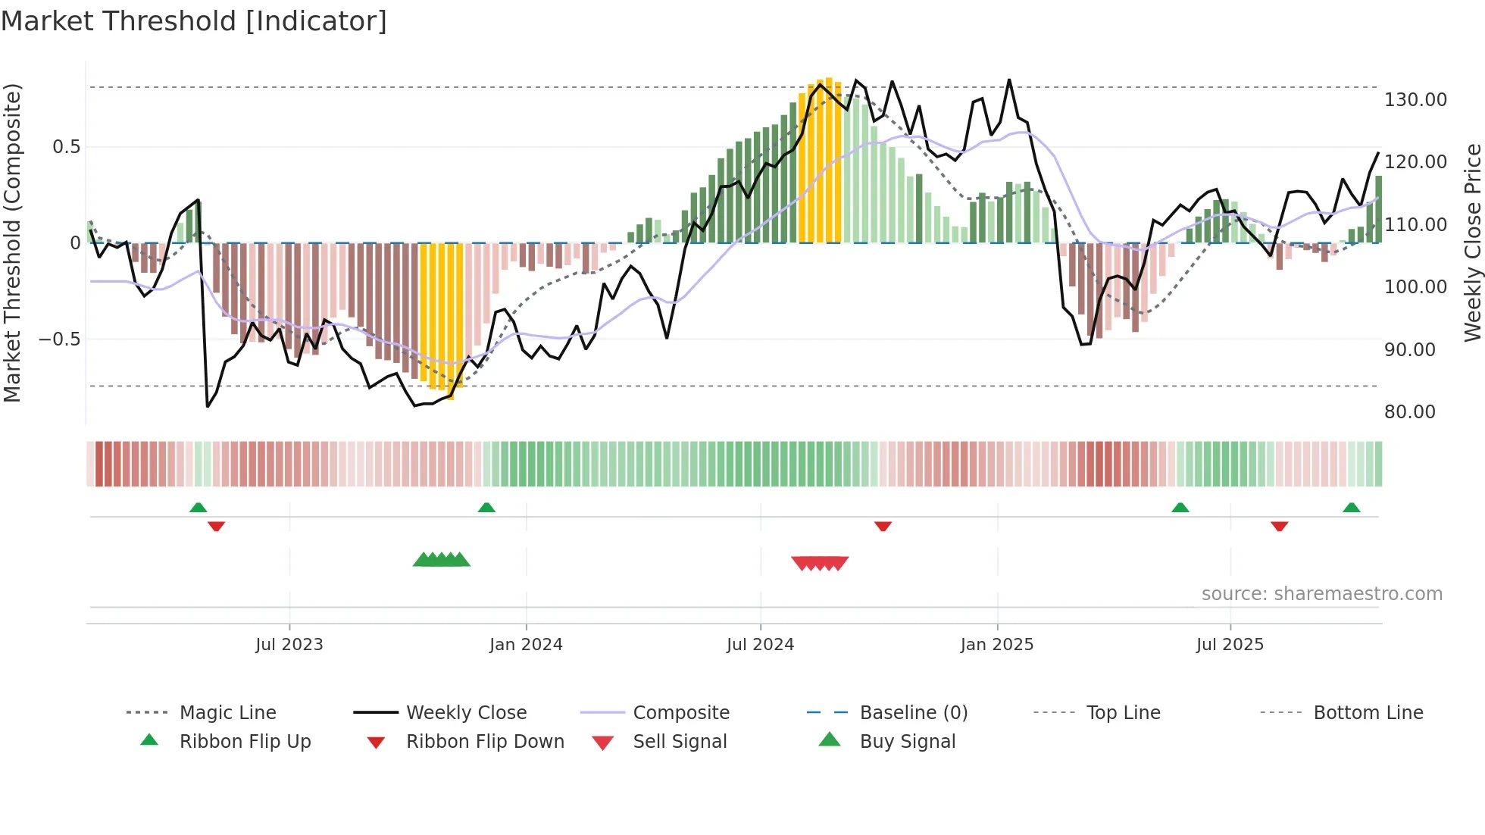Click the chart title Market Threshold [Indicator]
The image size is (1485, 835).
pos(194,21)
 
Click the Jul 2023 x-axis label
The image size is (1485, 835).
pos(289,645)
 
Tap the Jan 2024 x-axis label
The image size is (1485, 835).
pos(526,645)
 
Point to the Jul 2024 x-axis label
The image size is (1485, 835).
pos(760,645)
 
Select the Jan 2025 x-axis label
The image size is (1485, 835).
pos(996,645)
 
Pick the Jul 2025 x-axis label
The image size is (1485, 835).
pos(1230,645)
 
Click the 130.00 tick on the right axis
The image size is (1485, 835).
pos(1415,100)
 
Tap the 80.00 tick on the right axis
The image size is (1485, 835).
pos(1409,412)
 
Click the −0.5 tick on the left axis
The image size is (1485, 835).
pos(59,339)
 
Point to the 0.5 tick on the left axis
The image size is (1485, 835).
pos(66,147)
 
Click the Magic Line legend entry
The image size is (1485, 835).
pos(227,713)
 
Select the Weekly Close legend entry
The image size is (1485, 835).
pos(466,713)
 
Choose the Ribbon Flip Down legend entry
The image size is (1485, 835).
pos(485,742)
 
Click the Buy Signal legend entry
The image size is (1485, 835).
pos(907,742)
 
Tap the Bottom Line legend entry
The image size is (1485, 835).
pos(1368,713)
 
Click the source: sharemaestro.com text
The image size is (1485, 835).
pos(1321,594)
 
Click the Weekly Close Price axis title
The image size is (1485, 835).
pos(1472,242)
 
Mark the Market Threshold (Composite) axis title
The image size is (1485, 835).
pos(12,242)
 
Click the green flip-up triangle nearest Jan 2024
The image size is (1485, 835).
pos(486,508)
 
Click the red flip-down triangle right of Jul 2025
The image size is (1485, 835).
pos(1279,526)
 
